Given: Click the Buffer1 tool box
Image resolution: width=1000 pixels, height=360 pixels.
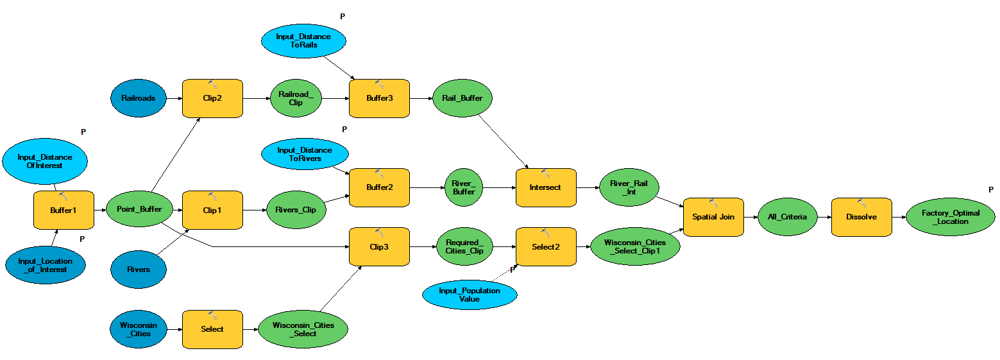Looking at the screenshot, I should coord(63,210).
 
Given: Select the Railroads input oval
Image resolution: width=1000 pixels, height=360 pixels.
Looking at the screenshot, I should coord(138,98).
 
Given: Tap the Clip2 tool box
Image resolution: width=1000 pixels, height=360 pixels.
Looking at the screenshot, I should coord(212,99).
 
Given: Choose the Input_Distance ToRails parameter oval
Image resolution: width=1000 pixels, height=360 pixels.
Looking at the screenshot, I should coord(303,41).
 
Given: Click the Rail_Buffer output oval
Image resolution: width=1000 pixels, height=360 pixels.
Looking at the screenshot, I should coord(462,98).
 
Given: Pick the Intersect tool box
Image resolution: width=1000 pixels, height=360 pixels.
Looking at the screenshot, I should coord(545,187).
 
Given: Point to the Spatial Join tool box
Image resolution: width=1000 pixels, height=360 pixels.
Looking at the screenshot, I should coord(713,218).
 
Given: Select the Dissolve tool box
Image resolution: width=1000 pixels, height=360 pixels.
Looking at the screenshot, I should coord(861,217).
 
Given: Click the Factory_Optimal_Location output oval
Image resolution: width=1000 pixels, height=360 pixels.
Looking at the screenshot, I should coord(950,218).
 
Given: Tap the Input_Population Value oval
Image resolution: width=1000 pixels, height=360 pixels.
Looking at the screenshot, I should coord(470,295).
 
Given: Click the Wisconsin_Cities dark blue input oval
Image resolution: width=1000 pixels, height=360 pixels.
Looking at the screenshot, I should coord(138,329).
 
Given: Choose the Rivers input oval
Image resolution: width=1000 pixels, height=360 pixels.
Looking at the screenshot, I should coord(138,270).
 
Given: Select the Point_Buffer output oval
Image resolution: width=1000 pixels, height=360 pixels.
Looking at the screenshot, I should coord(139,209).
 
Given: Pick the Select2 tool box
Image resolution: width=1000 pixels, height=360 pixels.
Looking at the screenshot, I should coord(545,246).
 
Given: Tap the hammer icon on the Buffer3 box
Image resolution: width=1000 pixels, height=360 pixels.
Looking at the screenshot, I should coord(379,84).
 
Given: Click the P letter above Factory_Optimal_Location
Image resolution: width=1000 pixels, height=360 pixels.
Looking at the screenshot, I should coord(991,189).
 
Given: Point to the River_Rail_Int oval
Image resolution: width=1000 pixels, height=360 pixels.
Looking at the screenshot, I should coord(629,188).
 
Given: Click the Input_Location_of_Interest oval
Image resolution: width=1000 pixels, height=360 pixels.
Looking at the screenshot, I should coord(45,266).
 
